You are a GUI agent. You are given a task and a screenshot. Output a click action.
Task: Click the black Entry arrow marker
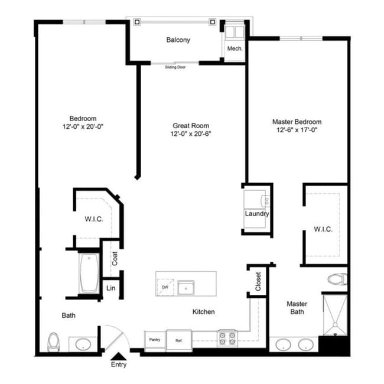119,355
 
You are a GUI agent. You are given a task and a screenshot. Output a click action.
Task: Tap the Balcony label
178,40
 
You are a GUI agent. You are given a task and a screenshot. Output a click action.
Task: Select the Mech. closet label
235,50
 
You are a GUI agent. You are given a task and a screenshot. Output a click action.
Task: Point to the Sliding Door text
178,67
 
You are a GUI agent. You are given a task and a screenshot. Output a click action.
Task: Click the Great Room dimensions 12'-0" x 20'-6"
190,134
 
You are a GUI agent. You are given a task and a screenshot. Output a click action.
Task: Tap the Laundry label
257,214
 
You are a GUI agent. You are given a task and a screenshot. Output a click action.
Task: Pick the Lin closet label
110,288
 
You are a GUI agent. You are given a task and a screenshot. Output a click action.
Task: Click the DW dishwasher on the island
165,287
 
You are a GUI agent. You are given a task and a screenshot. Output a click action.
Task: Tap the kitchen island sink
187,288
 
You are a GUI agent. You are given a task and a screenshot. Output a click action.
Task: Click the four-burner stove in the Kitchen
227,338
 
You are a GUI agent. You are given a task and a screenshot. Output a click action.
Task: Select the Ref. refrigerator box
178,340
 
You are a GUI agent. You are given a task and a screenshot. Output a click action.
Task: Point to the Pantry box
155,340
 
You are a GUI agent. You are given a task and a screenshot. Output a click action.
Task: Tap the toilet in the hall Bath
54,341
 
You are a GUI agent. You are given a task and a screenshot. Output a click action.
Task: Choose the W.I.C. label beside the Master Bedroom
323,229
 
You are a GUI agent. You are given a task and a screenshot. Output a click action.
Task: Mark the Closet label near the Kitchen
258,281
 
